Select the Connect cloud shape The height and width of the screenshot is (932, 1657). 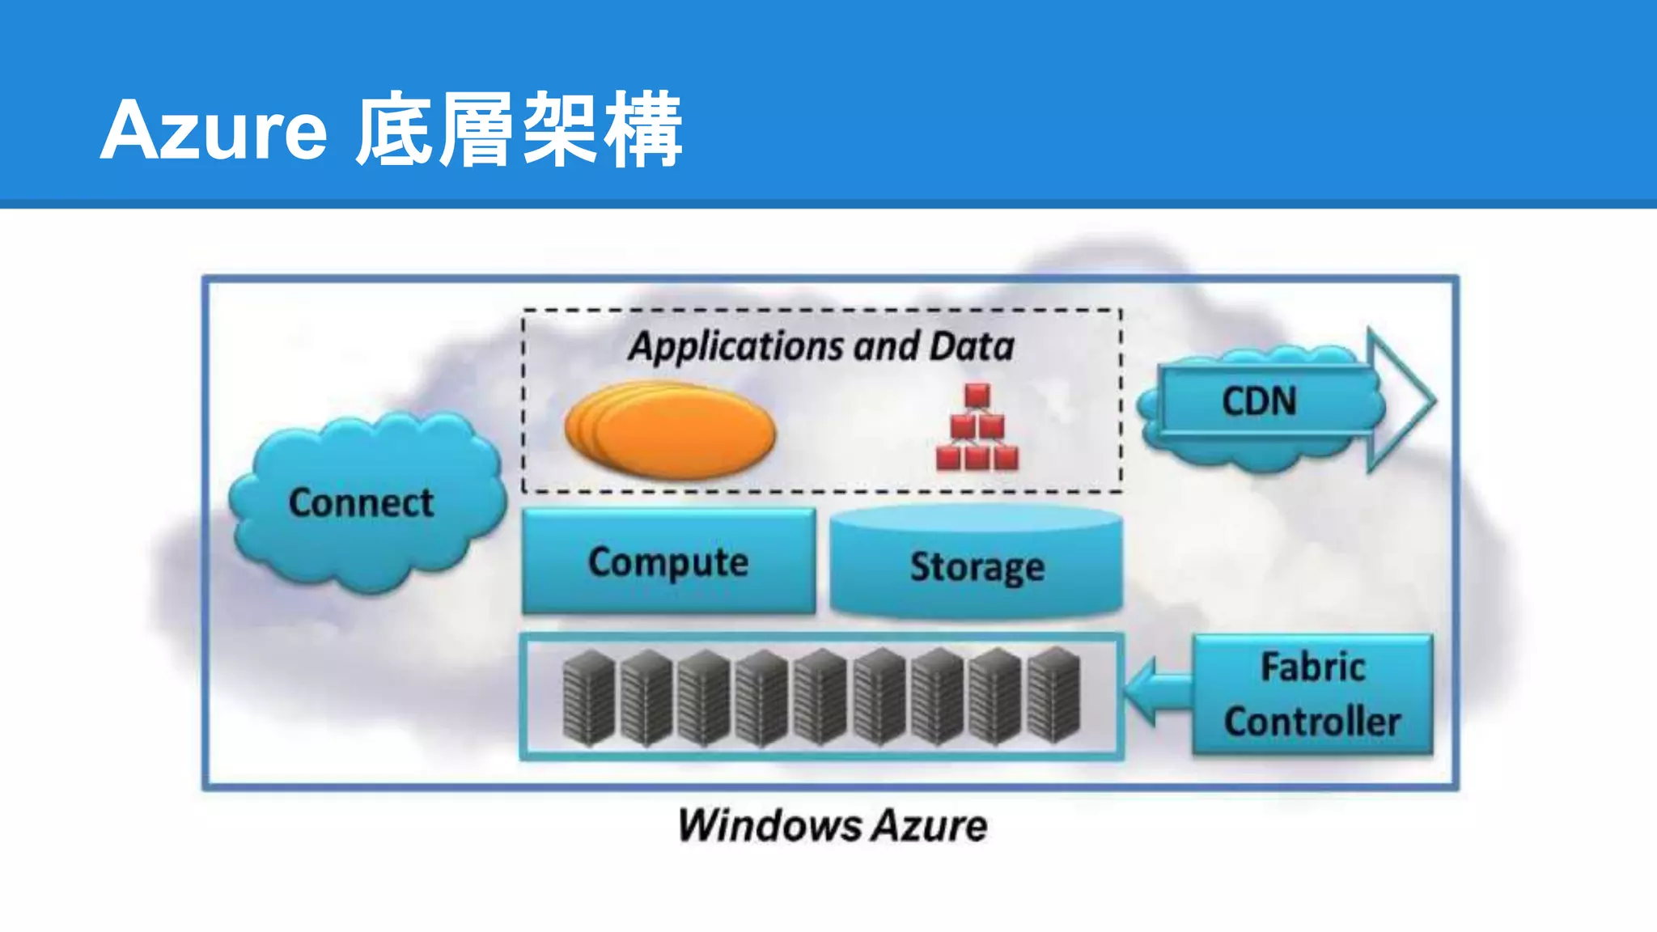(x=362, y=503)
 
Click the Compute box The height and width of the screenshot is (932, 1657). (x=668, y=561)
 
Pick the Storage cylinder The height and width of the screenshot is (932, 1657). (x=977, y=565)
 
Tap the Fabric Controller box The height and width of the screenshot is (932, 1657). (x=1312, y=694)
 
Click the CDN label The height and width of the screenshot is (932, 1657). (x=1259, y=401)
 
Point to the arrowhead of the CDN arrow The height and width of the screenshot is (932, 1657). (x=1404, y=400)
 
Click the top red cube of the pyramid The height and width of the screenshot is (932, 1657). (x=977, y=396)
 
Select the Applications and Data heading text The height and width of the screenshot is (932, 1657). (x=821, y=346)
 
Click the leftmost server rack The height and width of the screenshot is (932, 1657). (x=589, y=697)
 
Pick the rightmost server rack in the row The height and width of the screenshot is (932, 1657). (x=1054, y=696)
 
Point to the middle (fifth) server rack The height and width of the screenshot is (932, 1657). (x=820, y=697)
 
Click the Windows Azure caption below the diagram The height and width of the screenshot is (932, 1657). (x=833, y=826)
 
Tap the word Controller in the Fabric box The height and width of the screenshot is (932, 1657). (x=1312, y=722)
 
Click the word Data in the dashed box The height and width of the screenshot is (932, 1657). (x=971, y=346)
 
